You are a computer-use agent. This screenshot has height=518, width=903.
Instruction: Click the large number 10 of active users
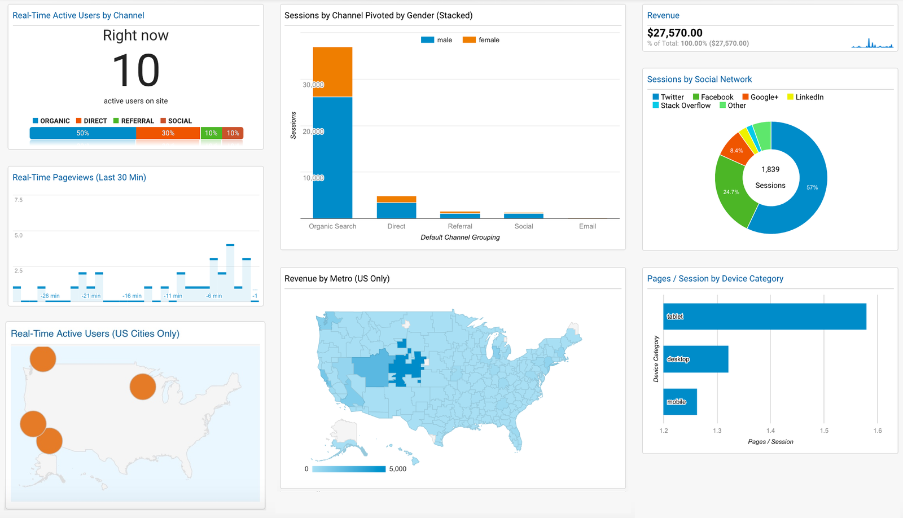(136, 71)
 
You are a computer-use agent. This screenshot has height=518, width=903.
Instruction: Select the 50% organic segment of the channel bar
(82, 133)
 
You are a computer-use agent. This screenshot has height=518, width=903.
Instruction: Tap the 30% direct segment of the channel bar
(168, 133)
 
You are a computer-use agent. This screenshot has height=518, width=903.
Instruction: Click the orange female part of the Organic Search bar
(332, 72)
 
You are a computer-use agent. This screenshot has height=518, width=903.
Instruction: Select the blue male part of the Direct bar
(396, 210)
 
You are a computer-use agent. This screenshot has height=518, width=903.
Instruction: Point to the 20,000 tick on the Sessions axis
(313, 131)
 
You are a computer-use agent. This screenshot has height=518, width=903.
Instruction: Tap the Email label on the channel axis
(587, 226)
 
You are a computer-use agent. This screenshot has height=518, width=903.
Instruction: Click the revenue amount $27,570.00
(674, 33)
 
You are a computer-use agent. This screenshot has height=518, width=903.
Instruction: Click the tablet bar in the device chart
(765, 317)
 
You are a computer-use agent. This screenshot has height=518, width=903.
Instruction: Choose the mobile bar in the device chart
(680, 402)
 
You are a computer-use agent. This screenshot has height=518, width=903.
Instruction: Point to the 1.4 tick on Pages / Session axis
(770, 431)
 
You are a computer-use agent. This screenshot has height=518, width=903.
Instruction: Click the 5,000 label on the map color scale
(397, 469)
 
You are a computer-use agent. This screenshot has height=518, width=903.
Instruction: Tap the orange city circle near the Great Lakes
(143, 387)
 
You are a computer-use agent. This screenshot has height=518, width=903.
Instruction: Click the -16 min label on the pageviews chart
(132, 296)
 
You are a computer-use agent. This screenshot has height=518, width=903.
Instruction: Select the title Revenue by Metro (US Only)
(337, 279)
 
